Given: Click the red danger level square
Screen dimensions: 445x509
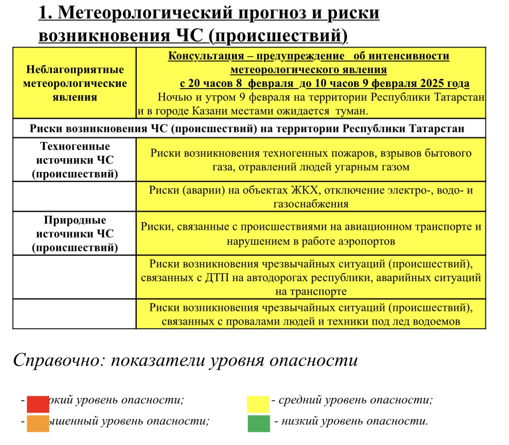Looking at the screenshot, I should coord(38,404).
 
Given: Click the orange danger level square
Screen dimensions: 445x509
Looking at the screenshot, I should coord(38,423).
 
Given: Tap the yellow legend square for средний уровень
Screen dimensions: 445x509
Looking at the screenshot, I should coord(258,404).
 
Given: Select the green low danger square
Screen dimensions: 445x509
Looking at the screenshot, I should coord(259,423).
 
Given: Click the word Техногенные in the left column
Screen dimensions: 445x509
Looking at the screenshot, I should coord(75,146).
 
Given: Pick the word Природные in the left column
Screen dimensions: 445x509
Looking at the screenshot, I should coord(75,220).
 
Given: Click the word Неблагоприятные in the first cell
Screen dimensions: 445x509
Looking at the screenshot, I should coord(75,70).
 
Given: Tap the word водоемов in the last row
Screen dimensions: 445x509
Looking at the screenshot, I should coord(436,322).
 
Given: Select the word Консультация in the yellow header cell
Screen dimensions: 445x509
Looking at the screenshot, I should coord(206,56).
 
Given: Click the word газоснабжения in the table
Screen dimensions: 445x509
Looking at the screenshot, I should coord(311,204).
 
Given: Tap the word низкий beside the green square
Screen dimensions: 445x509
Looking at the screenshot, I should coord(299,421).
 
